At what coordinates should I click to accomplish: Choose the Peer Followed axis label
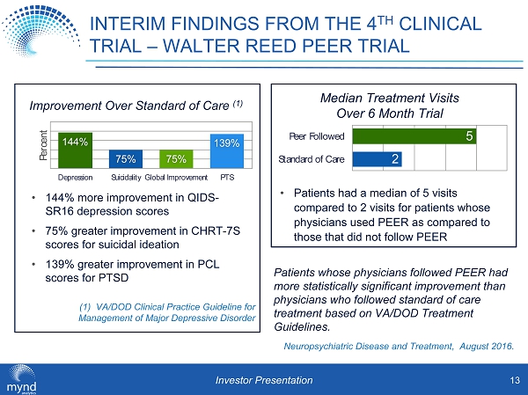coord(317,137)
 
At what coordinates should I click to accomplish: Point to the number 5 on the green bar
coord(471,136)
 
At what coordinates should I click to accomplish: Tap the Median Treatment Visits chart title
coord(397,106)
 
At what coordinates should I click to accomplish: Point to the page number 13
coord(513,380)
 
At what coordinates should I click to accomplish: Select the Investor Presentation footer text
coord(265,380)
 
